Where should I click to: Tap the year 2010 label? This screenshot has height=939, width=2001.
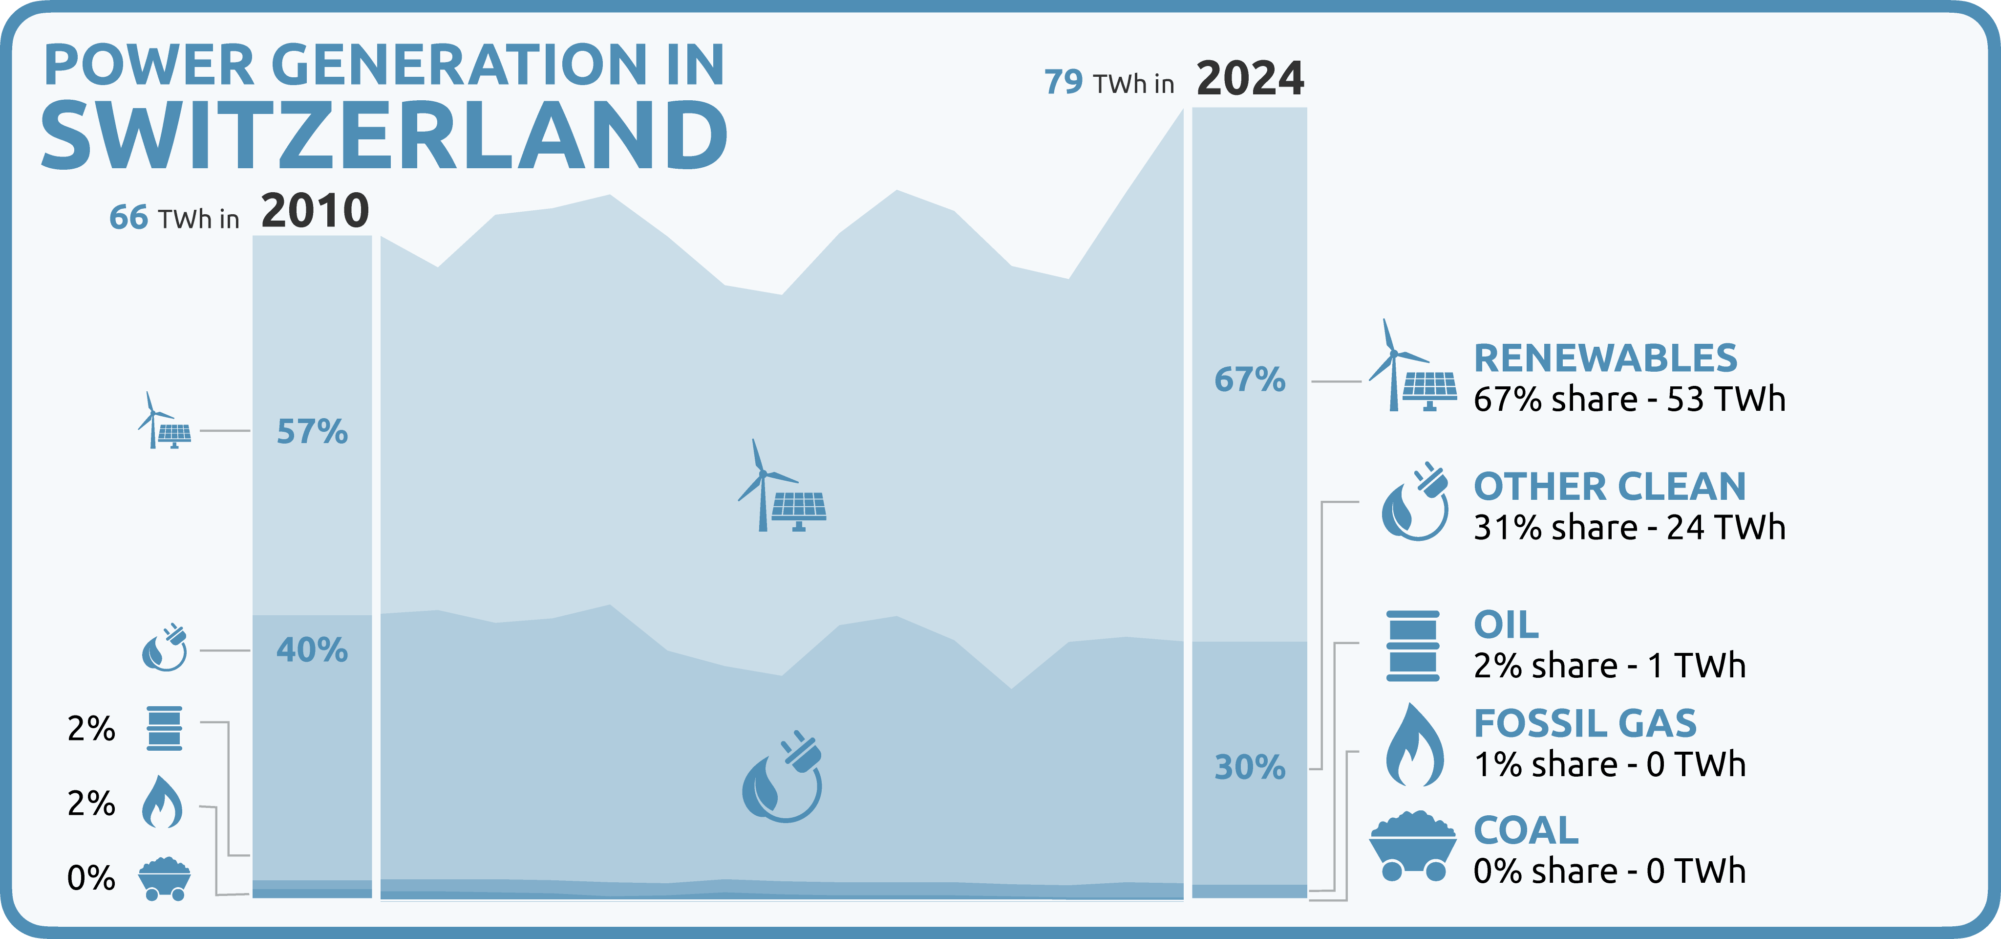pos(315,211)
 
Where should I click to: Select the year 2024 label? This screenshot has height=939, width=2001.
pos(1250,79)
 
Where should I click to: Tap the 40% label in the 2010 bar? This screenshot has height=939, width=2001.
pos(312,650)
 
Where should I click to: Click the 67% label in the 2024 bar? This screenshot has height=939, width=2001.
pos(1250,380)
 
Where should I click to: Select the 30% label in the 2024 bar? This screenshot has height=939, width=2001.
pos(1250,767)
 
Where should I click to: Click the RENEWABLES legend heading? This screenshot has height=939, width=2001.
pos(1606,358)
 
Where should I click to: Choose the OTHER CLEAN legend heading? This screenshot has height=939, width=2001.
pos(1610,487)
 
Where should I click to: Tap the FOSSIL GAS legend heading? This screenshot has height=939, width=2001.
pos(1585,724)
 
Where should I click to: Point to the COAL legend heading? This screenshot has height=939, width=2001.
pos(1526,830)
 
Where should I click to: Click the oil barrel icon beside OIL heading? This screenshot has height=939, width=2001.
pos(1413,646)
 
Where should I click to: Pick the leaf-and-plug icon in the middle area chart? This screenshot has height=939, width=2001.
pos(782,776)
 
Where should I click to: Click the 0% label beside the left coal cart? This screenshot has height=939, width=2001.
pos(91,878)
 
